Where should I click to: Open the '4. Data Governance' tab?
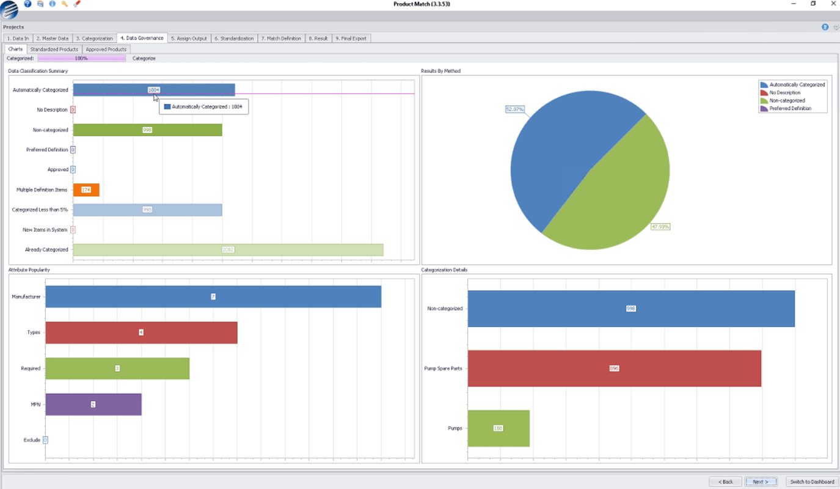[142, 38]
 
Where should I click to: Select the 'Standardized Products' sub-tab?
[54, 49]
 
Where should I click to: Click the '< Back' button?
[725, 482]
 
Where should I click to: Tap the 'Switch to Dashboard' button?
[812, 482]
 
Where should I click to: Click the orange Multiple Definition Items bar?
[86, 190]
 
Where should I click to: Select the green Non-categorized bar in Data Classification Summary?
[147, 130]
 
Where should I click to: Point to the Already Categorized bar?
[228, 250]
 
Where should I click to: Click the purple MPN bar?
[93, 404]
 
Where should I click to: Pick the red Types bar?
[141, 333]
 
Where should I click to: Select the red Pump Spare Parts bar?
[614, 369]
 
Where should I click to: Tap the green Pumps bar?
[499, 428]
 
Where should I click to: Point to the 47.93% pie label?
[660, 227]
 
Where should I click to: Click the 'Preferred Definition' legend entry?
[790, 109]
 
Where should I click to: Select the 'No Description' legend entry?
[784, 93]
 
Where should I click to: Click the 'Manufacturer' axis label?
[26, 297]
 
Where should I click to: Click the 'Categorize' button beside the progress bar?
[144, 59]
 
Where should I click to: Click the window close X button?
[833, 4]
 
